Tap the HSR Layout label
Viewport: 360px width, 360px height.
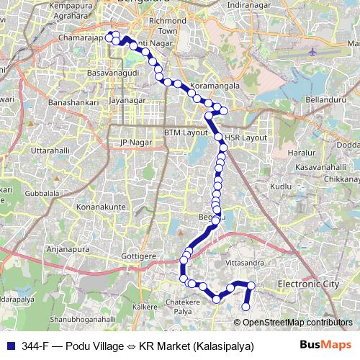[246, 138]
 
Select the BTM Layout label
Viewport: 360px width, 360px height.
[185, 132]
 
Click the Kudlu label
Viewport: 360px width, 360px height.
[281, 186]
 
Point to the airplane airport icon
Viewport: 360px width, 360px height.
[312, 51]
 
